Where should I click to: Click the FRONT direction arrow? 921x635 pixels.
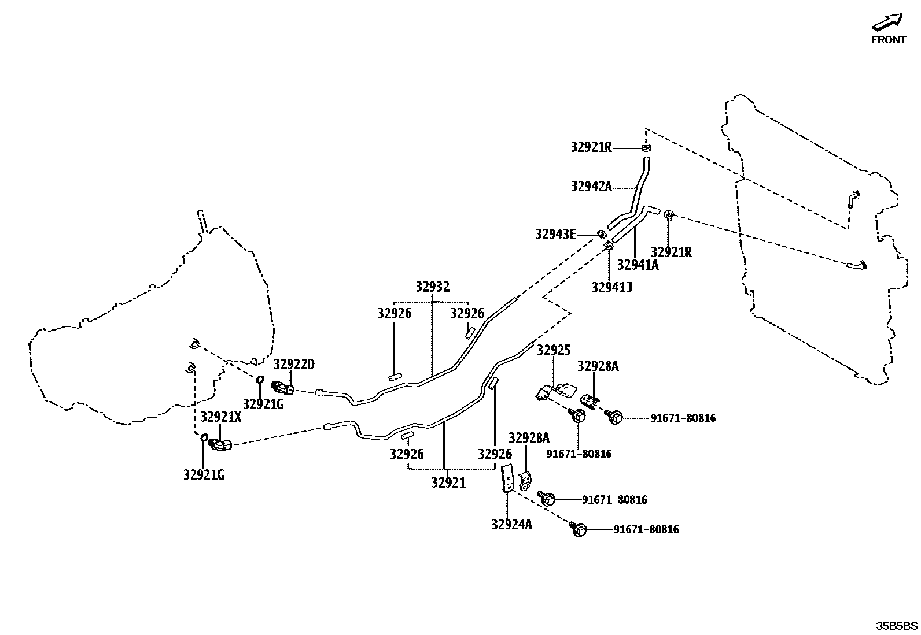point(887,23)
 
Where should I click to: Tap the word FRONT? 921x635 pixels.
point(889,40)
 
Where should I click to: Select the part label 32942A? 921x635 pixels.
point(591,186)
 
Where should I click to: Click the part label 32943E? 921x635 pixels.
point(555,234)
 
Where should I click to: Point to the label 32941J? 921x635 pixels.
point(611,287)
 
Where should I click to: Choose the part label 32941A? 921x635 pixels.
point(638,265)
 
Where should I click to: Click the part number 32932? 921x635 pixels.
point(432,287)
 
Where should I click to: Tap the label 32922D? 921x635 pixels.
point(294,365)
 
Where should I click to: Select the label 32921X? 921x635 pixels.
point(221,417)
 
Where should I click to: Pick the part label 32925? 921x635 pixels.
point(554,350)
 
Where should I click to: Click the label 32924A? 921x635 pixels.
point(511,525)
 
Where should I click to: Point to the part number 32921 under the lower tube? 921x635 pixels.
point(448,482)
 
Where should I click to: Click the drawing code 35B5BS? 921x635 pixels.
point(897,626)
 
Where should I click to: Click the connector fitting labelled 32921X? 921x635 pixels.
point(220,444)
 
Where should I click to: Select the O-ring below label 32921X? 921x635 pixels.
point(204,437)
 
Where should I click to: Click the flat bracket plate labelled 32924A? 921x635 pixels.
point(507,478)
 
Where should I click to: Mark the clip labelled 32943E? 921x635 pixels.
point(602,234)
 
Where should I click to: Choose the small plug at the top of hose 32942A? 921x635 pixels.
point(646,148)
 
